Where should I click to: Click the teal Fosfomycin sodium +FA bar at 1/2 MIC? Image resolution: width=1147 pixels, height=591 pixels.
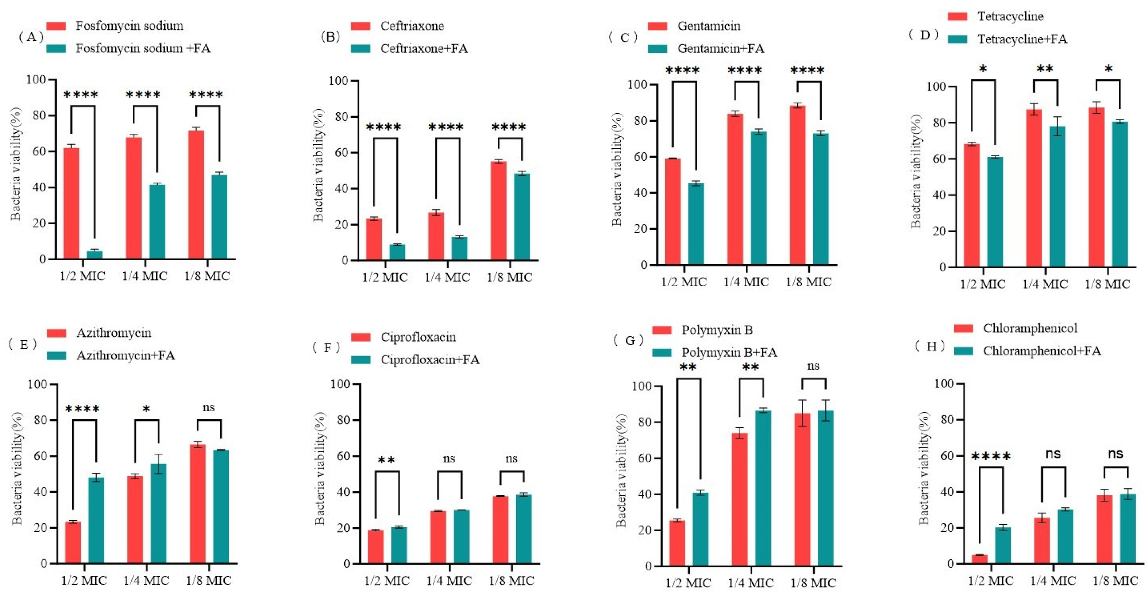(x=94, y=255)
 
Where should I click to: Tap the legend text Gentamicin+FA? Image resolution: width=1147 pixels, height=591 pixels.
(x=720, y=48)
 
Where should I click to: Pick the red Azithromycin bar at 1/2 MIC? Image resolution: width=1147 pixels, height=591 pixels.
(x=73, y=542)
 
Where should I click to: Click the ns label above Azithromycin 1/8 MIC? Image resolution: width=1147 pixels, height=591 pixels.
(x=208, y=407)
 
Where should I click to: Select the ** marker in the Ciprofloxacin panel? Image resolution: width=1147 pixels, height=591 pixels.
(x=386, y=461)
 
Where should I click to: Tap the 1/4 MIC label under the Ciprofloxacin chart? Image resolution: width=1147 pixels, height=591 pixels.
(x=449, y=580)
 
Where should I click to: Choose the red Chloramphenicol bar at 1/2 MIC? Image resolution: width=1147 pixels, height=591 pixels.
(x=980, y=559)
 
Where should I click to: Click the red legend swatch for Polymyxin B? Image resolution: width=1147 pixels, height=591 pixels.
(x=662, y=330)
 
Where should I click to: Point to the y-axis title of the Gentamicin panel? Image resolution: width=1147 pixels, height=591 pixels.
(x=617, y=169)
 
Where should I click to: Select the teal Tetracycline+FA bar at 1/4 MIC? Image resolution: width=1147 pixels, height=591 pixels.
(x=1057, y=197)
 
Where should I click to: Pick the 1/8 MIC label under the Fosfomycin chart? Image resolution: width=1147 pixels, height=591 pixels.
(x=207, y=276)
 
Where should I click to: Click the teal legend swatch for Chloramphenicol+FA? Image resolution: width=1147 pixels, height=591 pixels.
(x=964, y=351)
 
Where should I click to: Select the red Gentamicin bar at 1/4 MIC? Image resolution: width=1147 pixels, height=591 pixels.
(x=735, y=189)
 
